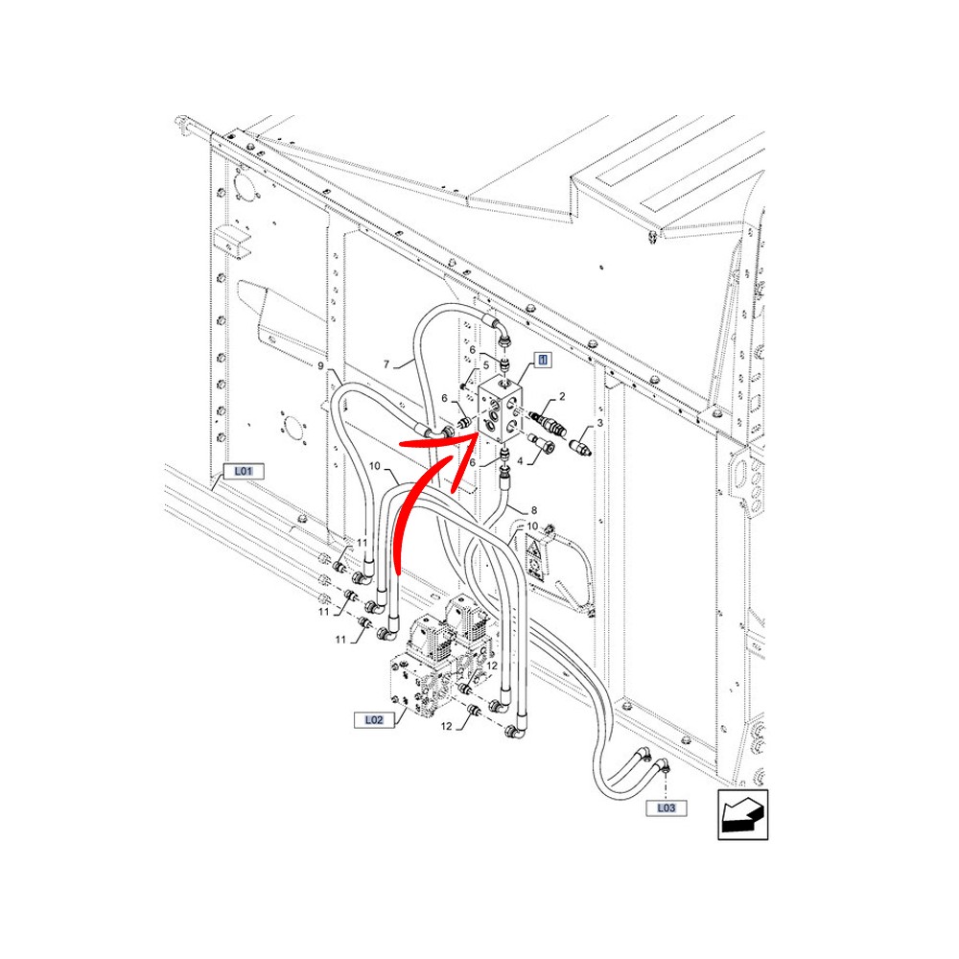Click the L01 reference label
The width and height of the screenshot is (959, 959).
pos(244,471)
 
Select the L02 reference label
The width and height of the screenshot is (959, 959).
pos(374,720)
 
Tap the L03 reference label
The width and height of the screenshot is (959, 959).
pos(667,807)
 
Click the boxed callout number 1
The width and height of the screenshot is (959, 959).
pos(543,360)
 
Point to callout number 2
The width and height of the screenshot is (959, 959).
pos(562,396)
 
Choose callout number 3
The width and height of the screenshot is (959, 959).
pos(599,423)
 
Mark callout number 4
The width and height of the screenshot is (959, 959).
pos(520,461)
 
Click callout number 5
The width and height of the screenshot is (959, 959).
pos(486,365)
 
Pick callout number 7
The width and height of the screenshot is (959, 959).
pos(386,364)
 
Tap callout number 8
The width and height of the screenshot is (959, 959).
pos(533,510)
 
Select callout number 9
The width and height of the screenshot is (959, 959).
pos(320,365)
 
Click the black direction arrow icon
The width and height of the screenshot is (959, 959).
pos(742,814)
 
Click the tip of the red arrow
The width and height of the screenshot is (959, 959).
pos(479,433)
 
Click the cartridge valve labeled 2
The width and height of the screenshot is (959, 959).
pos(547,423)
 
